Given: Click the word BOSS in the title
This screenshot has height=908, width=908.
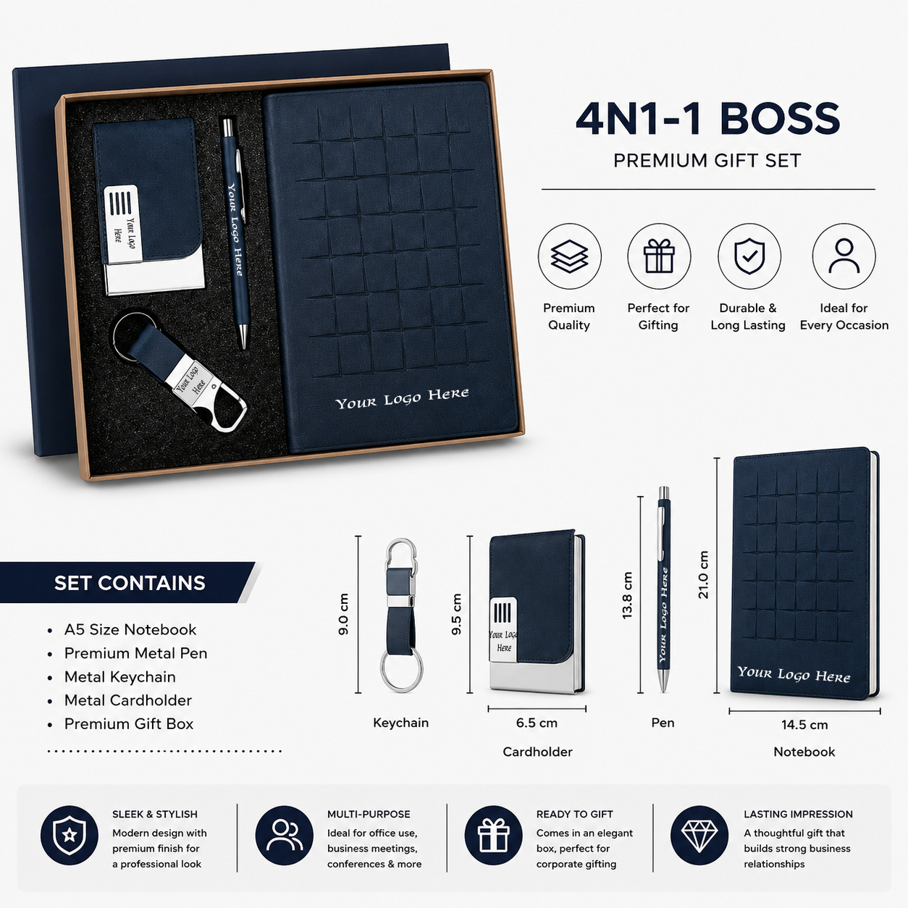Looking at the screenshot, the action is pyautogui.click(x=780, y=118).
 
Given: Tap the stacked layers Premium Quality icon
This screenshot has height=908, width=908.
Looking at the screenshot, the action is pyautogui.click(x=569, y=256).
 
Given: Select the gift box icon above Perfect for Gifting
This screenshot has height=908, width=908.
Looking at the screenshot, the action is pyautogui.click(x=659, y=256).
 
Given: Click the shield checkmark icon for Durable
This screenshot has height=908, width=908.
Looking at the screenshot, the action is pyautogui.click(x=749, y=256).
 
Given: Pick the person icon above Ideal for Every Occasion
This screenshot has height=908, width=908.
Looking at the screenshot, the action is pyautogui.click(x=844, y=256).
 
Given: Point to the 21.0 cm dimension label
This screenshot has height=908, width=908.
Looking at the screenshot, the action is pyautogui.click(x=703, y=574).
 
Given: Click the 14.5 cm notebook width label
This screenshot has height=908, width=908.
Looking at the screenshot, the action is pyautogui.click(x=804, y=725).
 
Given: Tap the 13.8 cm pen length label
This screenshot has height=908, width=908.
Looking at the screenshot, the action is pyautogui.click(x=627, y=595).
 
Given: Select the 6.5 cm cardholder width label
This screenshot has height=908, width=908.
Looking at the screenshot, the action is pyautogui.click(x=537, y=723).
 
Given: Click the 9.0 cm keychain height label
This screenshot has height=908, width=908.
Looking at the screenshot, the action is pyautogui.click(x=343, y=614).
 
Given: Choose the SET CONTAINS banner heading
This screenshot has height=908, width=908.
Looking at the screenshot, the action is pyautogui.click(x=130, y=583).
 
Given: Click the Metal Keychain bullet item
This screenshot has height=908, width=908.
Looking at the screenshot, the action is pyautogui.click(x=119, y=676).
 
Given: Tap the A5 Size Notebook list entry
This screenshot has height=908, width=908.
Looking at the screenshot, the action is pyautogui.click(x=130, y=629).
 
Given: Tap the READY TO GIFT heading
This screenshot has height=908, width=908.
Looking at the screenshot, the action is pyautogui.click(x=574, y=815).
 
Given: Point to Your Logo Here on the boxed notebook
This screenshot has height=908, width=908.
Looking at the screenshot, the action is pyautogui.click(x=402, y=399).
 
